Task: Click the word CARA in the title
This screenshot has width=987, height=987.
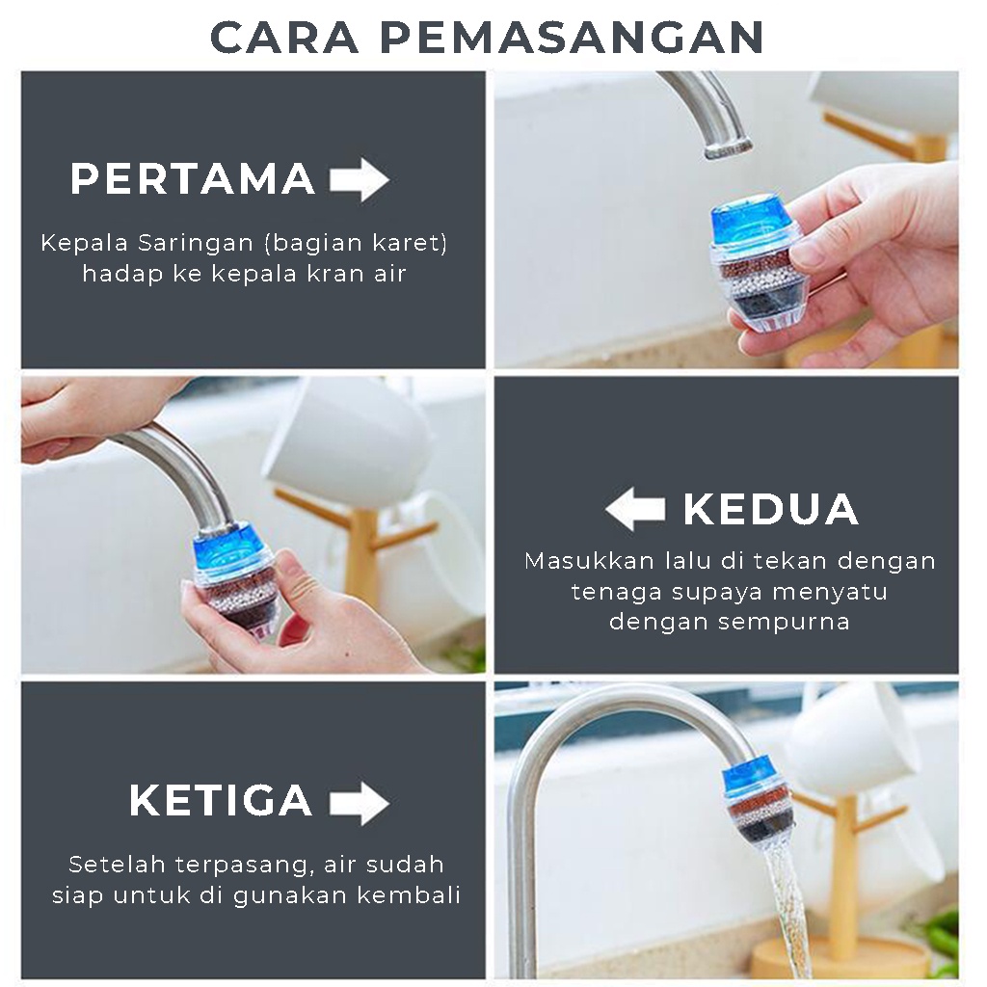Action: click(x=284, y=38)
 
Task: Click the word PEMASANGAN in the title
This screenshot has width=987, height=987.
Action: click(x=573, y=38)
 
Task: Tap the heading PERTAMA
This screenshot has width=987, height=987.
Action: click(x=193, y=178)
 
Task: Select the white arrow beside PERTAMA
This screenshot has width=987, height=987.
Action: click(x=360, y=179)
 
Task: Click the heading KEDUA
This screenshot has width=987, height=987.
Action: click(x=771, y=509)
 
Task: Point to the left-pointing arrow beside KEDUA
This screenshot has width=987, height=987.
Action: click(x=635, y=509)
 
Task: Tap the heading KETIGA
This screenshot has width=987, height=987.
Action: click(x=221, y=800)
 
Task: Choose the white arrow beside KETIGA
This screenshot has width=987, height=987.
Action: click(x=360, y=803)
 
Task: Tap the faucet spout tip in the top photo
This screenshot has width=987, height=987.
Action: click(x=729, y=149)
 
